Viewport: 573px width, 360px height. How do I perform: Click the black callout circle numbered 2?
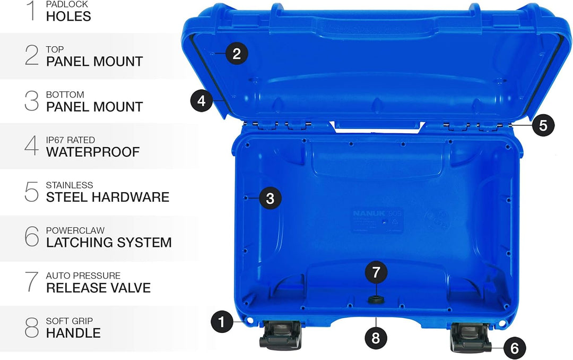pos(237,53)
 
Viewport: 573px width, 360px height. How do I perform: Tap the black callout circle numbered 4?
pos(202,100)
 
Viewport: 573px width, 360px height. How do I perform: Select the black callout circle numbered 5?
pos(543,125)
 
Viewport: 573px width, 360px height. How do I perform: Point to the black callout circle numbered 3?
pos(270,199)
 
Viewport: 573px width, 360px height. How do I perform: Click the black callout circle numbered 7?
pos(376,273)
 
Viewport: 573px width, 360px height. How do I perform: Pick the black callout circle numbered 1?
pos(222,321)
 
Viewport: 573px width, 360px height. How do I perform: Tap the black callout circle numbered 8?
pos(376,338)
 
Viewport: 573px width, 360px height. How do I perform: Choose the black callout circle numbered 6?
pos(514,348)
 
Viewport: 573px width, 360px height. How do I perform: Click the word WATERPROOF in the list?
pos(92,152)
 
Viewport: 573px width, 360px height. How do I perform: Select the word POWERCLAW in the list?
pos(75,230)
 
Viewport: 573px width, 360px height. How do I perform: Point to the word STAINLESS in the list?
pos(69,185)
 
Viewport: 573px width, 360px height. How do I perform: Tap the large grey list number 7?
pos(32,281)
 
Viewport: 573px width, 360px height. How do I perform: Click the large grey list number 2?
pos(32,55)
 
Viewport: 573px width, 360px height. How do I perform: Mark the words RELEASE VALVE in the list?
pos(98,288)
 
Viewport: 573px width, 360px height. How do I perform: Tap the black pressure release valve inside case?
pos(376,301)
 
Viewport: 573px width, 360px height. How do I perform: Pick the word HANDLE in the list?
pos(73,333)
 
